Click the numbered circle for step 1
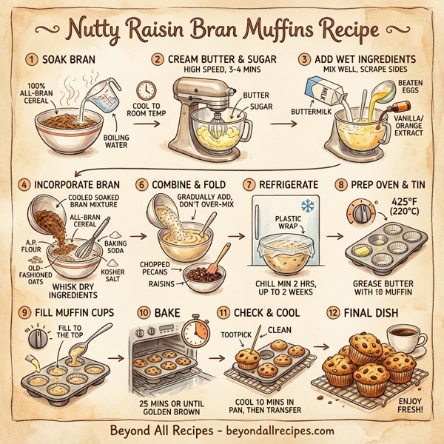click(x=31, y=58)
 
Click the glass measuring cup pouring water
click(x=104, y=92)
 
